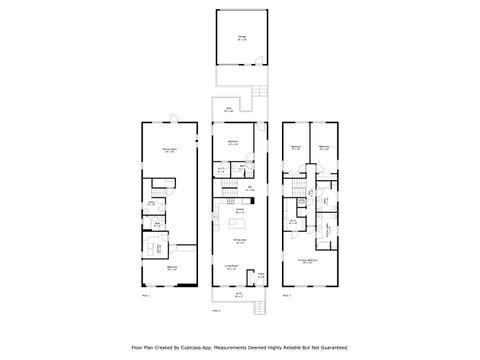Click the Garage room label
pyautogui.click(x=241, y=37)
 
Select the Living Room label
pyautogui.click(x=232, y=267)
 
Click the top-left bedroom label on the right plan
pyautogui.click(x=296, y=148)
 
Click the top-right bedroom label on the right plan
pyautogui.click(x=325, y=148)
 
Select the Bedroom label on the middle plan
pyautogui.click(x=233, y=144)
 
